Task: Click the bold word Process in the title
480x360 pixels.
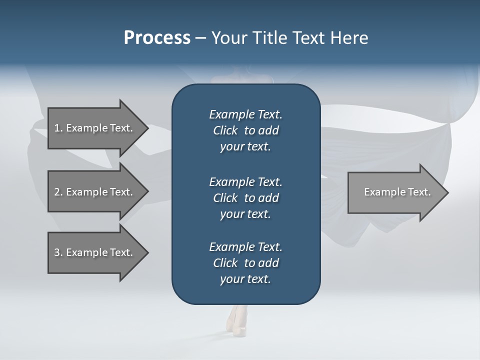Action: (x=156, y=38)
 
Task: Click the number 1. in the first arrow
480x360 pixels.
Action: (x=58, y=128)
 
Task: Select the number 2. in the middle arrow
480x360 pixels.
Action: (x=58, y=192)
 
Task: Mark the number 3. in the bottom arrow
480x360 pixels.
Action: (x=58, y=252)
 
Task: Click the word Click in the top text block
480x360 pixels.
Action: (x=225, y=130)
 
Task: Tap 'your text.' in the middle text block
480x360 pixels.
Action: (x=245, y=213)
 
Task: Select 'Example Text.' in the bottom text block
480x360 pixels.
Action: (x=245, y=246)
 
